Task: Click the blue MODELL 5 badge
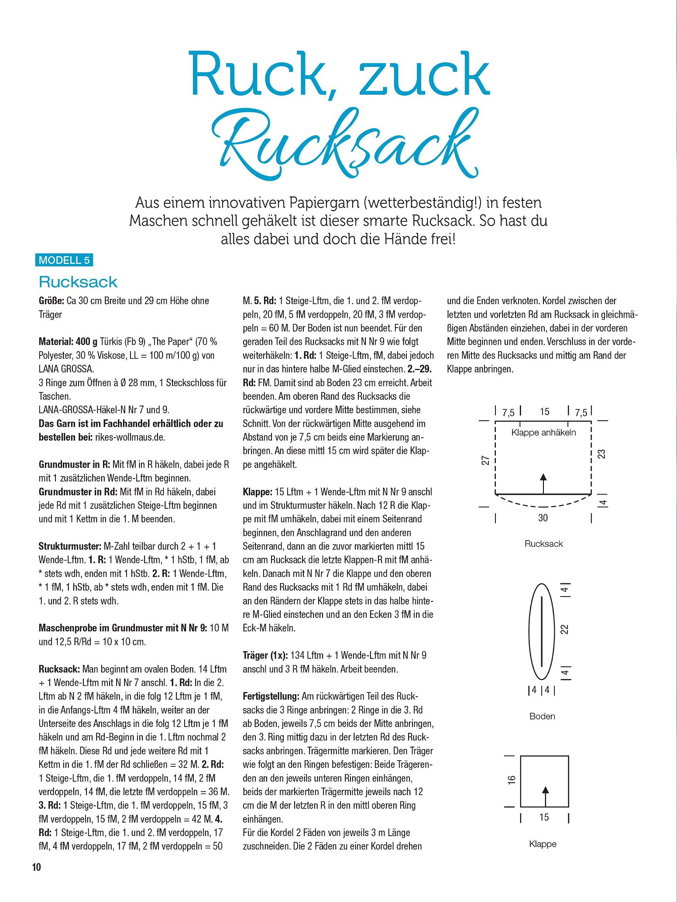[64, 260]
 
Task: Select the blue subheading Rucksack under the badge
[78, 282]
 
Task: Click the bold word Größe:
[52, 301]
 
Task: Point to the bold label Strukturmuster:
[70, 546]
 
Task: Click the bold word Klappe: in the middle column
[258, 492]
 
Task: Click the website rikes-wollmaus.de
[130, 437]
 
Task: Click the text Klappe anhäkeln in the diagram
[543, 432]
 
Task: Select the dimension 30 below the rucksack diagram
[543, 518]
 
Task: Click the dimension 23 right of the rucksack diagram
[602, 454]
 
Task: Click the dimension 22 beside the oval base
[565, 629]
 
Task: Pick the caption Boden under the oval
[542, 716]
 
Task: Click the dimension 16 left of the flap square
[512, 779]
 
